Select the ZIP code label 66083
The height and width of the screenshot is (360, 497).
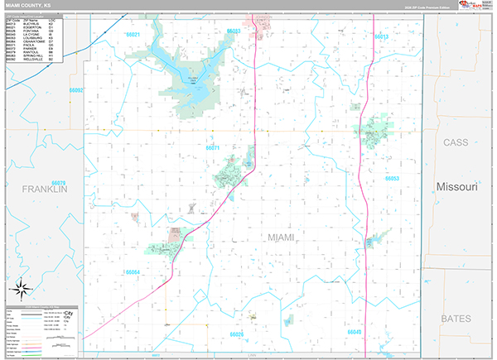point(234,31)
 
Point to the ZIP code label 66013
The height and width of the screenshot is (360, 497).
point(381,37)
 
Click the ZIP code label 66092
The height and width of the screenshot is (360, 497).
point(77,89)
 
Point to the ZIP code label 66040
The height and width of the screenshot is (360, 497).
point(355,331)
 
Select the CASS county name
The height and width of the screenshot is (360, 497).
point(456,142)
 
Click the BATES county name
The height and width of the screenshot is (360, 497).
point(455,318)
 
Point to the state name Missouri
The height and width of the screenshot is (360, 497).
point(457,187)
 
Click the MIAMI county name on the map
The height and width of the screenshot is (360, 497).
point(282,238)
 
